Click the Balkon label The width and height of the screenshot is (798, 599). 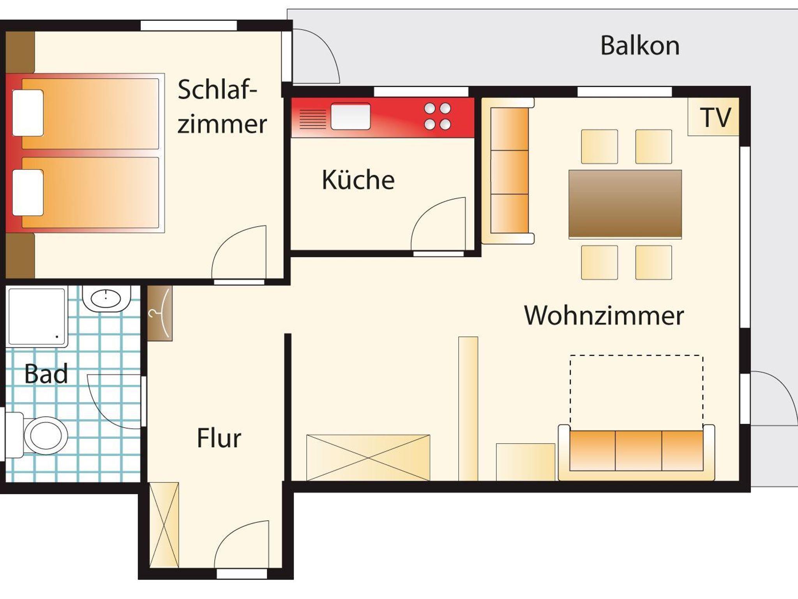pyautogui.click(x=640, y=46)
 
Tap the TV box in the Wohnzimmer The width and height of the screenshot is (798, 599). pyautogui.click(x=713, y=116)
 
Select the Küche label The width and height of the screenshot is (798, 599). pyautogui.click(x=358, y=180)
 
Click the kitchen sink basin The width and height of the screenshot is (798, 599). pyautogui.click(x=351, y=116)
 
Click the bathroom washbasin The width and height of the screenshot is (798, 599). pyautogui.click(x=106, y=299)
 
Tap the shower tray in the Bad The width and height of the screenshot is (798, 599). pyautogui.click(x=37, y=317)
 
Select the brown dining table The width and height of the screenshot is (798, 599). pyautogui.click(x=625, y=204)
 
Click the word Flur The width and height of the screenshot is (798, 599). pyautogui.click(x=219, y=438)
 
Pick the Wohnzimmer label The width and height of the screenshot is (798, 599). pyautogui.click(x=604, y=315)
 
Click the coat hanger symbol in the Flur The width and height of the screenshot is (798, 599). pyautogui.click(x=160, y=314)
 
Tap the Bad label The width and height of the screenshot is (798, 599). pyautogui.click(x=46, y=374)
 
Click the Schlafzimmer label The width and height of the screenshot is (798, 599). pyautogui.click(x=222, y=106)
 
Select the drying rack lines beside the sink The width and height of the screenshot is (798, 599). pyautogui.click(x=312, y=119)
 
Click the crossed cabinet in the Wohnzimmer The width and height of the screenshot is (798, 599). pyautogui.click(x=368, y=458)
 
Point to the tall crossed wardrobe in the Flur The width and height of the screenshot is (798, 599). pyautogui.click(x=164, y=525)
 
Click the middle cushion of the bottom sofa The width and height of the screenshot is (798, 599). pyautogui.click(x=639, y=450)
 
